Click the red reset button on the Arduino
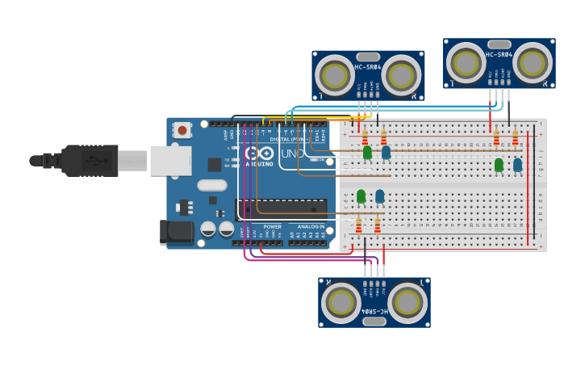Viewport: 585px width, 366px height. coord(182,129)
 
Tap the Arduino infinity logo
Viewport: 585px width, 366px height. coord(259,153)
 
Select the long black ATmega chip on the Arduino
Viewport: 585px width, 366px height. coord(281,208)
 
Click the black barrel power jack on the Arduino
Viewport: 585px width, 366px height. coord(177,232)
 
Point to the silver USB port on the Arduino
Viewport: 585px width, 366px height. coord(170,160)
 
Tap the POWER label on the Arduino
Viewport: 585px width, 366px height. coord(273,227)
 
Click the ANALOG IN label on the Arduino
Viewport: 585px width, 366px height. coord(308,227)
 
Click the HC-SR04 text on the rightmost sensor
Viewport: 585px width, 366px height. coord(499,54)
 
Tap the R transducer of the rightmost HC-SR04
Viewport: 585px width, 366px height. coord(533,62)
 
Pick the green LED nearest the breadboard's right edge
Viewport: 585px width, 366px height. coord(499,165)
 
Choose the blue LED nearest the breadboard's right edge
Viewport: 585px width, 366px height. coord(517,165)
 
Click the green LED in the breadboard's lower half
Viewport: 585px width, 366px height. coord(361,196)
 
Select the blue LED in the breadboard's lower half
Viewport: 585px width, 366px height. coord(379,196)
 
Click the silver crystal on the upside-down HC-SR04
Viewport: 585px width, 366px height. coord(374,321)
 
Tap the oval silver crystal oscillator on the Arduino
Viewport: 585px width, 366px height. coord(212,184)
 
